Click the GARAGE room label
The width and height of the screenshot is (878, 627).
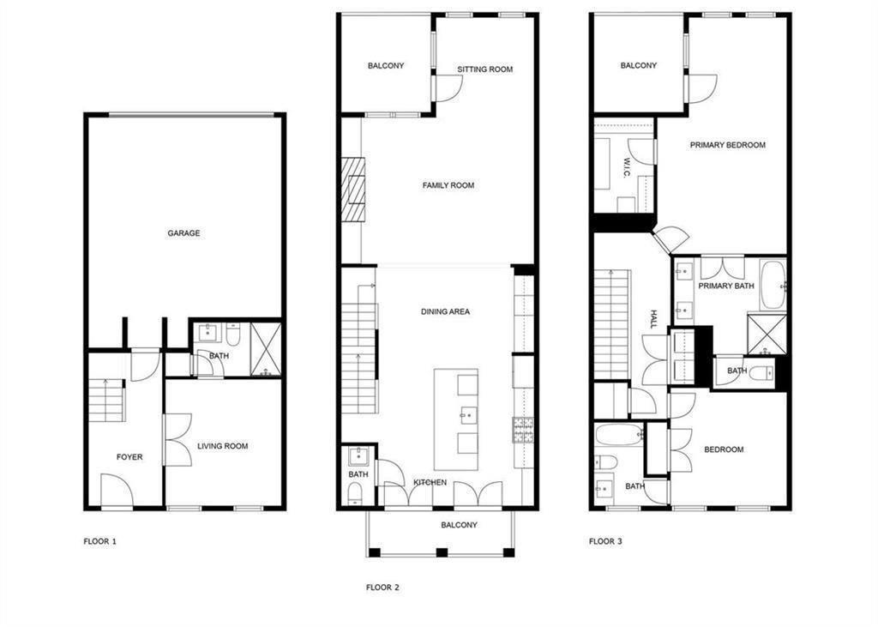pos(183,232)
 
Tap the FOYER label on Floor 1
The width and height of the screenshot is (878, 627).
pos(129,457)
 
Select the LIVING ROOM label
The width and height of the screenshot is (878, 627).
pos(222,446)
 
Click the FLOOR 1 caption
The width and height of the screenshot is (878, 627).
pos(99,541)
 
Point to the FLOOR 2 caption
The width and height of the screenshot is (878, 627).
pos(382,588)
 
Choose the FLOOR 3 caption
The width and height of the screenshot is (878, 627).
pos(605,541)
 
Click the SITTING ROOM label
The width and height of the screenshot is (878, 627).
pos(484,69)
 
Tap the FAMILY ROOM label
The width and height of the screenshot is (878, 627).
pos(448,185)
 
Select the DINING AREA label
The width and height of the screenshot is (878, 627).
pos(445,311)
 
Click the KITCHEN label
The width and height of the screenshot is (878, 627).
pos(430,483)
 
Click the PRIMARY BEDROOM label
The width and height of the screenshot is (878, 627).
pos(727,145)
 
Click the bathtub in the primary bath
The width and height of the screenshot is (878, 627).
pos(772,285)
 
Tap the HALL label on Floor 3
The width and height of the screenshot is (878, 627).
pos(652,320)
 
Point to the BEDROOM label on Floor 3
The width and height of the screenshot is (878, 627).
pos(724,449)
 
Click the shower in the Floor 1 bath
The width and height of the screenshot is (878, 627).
pos(266,350)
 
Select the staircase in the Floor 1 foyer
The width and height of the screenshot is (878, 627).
pos(107,401)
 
